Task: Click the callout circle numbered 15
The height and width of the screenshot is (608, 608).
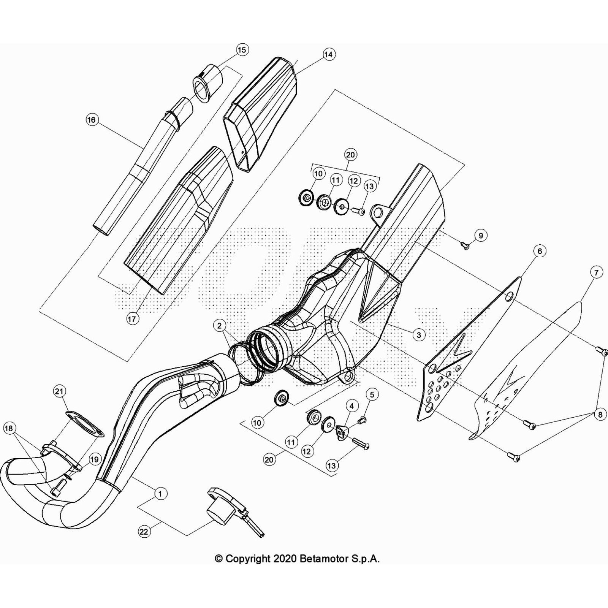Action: click(242, 50)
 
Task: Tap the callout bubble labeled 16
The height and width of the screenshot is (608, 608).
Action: click(92, 120)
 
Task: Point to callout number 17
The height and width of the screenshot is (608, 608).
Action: click(132, 319)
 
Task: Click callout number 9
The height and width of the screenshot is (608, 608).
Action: click(481, 236)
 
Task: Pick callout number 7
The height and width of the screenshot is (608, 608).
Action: click(596, 272)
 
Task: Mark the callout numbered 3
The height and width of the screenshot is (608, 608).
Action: click(419, 335)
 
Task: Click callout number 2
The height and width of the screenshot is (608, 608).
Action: click(219, 325)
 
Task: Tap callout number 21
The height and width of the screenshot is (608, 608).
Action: click(60, 391)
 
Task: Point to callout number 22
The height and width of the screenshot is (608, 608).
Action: click(144, 532)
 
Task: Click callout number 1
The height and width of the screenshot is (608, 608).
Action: click(160, 494)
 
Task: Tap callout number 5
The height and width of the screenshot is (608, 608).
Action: click(372, 395)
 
